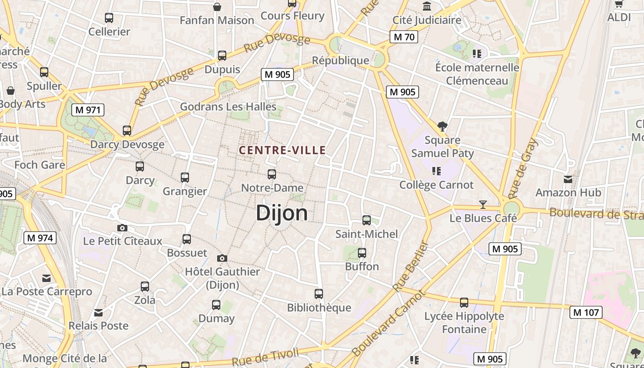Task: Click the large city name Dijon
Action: (282, 213)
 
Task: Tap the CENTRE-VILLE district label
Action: (282, 150)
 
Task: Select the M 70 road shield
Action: (403, 37)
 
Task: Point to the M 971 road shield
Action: (88, 110)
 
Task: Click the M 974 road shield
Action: (40, 238)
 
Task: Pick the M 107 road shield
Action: (586, 313)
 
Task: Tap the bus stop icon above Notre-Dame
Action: (272, 174)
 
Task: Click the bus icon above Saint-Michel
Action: (367, 220)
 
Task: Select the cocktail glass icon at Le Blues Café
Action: (483, 204)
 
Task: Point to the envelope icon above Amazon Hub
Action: (568, 179)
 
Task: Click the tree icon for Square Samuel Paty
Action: (443, 126)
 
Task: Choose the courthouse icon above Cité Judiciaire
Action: (427, 6)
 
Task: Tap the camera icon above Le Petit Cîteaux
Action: (122, 228)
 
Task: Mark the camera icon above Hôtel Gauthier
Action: (222, 258)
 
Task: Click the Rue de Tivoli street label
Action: (265, 358)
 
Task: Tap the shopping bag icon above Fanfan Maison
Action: (217, 7)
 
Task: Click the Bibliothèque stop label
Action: (319, 308)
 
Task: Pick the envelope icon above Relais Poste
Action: (98, 313)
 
